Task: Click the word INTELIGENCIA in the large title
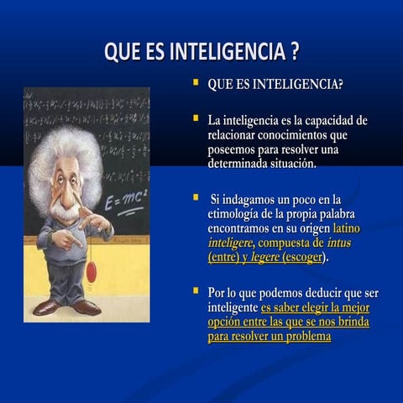228,51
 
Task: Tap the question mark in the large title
294,51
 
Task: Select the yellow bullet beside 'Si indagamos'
196,196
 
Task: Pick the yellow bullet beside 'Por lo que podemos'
196,290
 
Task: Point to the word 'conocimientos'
295,135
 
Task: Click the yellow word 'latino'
350,228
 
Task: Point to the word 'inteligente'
233,307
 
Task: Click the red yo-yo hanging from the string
91,270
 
